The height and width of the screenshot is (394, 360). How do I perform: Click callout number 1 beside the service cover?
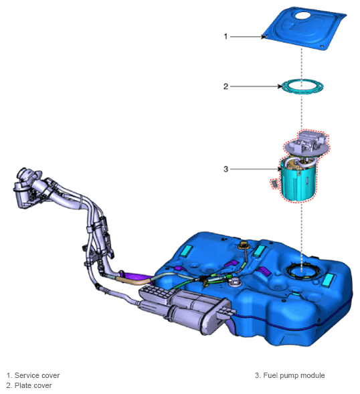[226, 37]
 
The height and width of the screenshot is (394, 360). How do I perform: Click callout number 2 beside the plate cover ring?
[226, 86]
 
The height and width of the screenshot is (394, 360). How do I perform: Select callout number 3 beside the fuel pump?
[226, 169]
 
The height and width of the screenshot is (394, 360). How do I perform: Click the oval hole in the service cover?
[303, 15]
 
